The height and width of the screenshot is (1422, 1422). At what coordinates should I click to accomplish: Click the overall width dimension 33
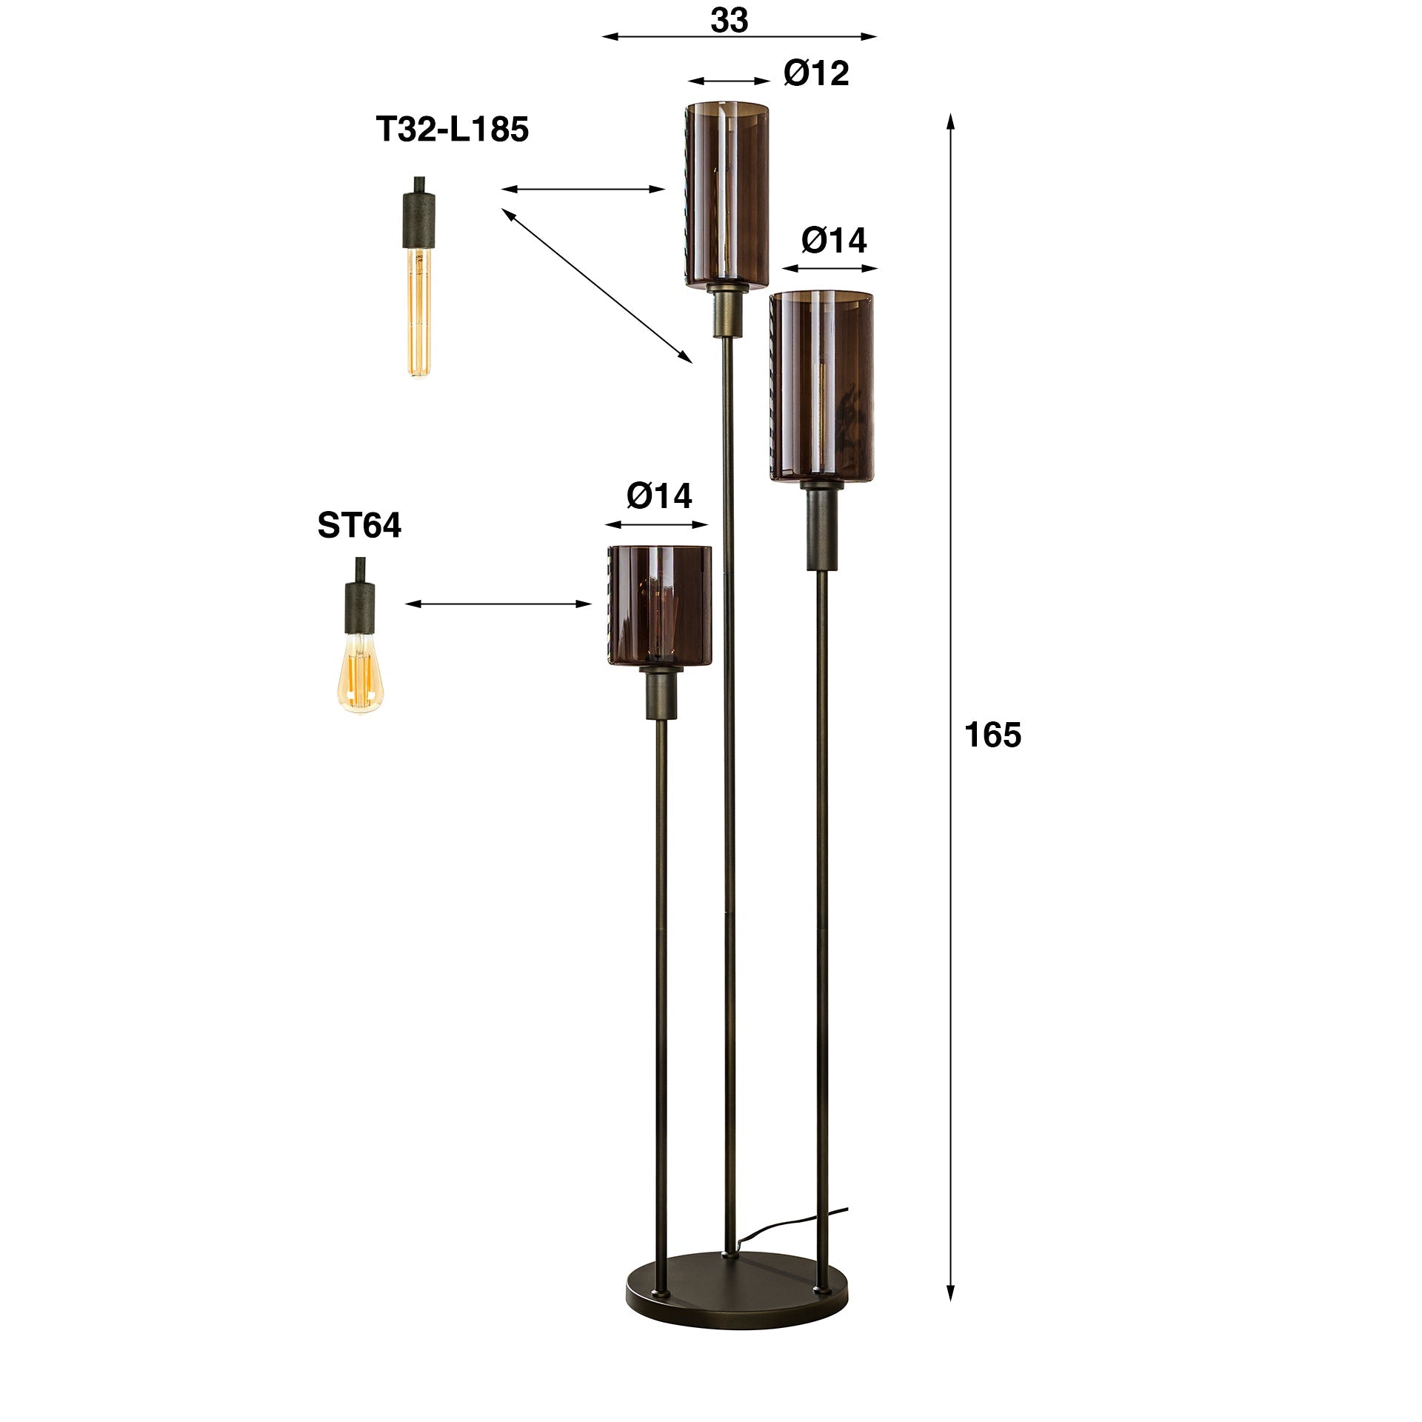coord(729,21)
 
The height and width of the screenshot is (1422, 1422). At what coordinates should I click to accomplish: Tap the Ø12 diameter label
coord(815,73)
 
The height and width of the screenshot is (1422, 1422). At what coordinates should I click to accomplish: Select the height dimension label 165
coord(992,735)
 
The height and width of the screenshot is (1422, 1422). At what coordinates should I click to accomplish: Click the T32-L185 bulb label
coord(453,130)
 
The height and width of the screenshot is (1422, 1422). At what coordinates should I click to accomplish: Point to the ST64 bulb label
coord(359,526)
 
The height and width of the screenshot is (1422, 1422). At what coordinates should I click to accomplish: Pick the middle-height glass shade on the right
coord(821,385)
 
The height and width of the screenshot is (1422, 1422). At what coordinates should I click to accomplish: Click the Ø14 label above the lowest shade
coord(658,496)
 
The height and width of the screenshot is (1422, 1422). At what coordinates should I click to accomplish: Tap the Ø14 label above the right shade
coord(833,241)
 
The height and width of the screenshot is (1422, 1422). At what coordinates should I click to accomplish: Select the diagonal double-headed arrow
coord(597,286)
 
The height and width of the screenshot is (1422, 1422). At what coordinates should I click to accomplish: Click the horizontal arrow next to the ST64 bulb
coord(498,604)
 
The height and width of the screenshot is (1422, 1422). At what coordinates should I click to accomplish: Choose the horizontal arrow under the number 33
coord(739,36)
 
